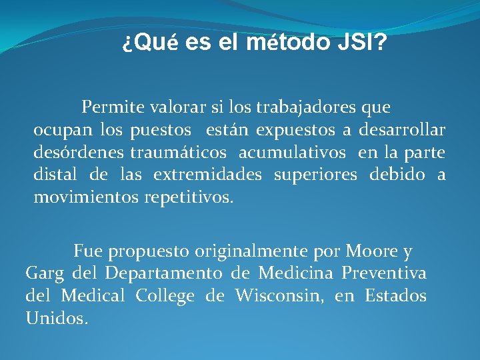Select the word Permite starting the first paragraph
point(108,107)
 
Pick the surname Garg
point(44,273)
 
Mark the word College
point(165,296)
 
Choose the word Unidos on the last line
point(56,319)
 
